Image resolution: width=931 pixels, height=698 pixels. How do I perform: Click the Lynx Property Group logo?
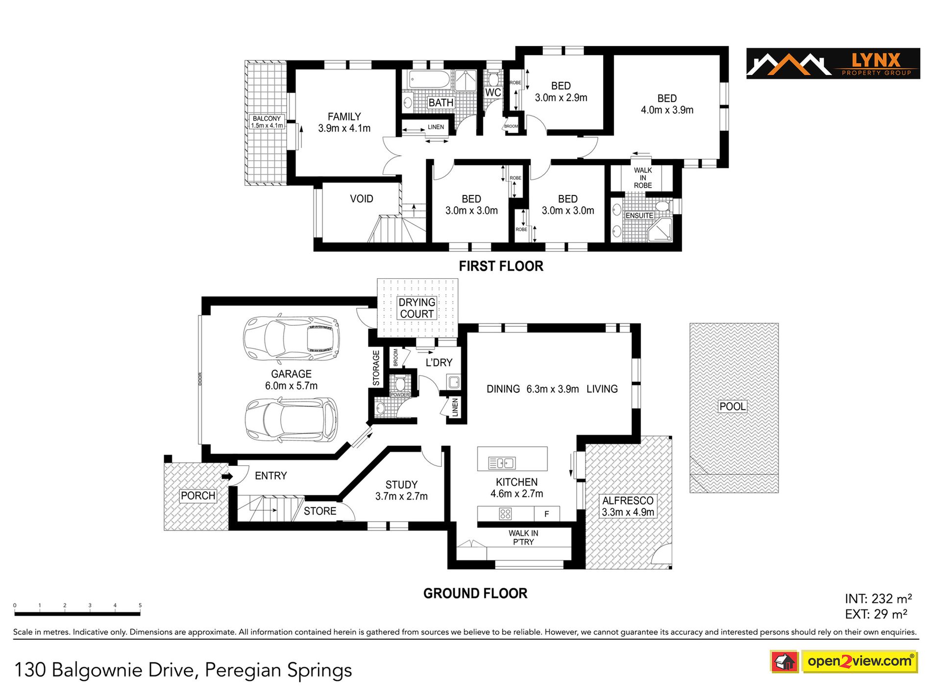[833, 63]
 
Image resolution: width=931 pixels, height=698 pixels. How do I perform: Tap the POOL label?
[733, 406]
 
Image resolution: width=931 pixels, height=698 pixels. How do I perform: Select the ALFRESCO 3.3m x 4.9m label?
[628, 506]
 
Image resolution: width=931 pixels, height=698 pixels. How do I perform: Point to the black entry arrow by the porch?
[227, 476]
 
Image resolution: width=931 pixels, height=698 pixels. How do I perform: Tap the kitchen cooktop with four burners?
[505, 514]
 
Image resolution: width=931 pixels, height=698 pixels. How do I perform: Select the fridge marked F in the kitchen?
[547, 514]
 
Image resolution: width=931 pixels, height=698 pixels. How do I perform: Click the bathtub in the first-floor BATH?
[429, 79]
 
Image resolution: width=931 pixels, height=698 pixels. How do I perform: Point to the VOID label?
[362, 199]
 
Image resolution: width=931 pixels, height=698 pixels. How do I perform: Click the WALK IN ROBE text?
[643, 178]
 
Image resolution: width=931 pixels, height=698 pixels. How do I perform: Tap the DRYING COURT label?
[417, 308]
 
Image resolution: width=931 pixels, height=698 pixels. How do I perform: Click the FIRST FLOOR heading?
[501, 266]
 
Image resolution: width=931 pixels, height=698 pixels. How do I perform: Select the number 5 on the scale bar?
[140, 605]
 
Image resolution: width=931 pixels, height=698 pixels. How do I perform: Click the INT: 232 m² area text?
[878, 599]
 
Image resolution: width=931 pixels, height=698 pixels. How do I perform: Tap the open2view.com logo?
[843, 661]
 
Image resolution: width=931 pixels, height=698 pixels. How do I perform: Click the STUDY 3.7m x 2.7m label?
[401, 490]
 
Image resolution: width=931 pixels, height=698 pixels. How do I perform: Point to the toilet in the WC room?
[493, 79]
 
